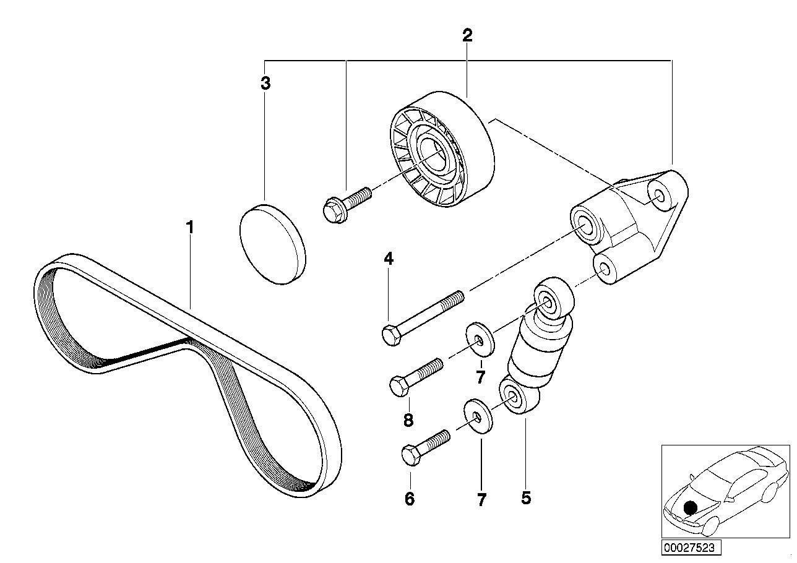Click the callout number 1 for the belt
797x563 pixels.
click(191, 228)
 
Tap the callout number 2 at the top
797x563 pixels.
click(467, 35)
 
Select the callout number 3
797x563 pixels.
click(265, 84)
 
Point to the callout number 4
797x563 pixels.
click(389, 259)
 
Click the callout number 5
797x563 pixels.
click(526, 498)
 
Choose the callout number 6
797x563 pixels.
click(410, 498)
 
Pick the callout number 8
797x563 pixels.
click(408, 421)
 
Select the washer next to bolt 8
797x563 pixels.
click(480, 340)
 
